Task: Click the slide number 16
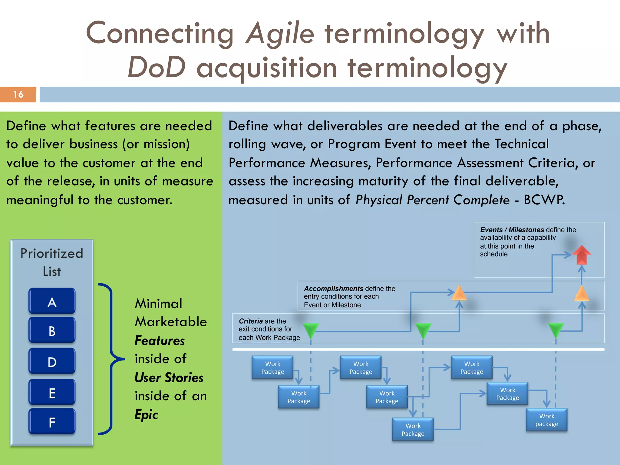click(18, 94)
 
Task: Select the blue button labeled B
click(52, 330)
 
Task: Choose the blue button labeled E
click(52, 392)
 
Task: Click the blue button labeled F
click(52, 421)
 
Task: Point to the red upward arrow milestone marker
click(582, 255)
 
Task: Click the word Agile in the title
click(280, 33)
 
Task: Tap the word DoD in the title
click(156, 67)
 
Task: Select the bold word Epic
click(146, 414)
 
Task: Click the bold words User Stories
click(169, 378)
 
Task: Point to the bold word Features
click(160, 341)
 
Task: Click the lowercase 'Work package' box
click(546, 420)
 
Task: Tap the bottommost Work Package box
click(413, 430)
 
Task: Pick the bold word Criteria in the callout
click(251, 321)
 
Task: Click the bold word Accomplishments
click(333, 289)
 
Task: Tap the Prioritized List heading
click(52, 262)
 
